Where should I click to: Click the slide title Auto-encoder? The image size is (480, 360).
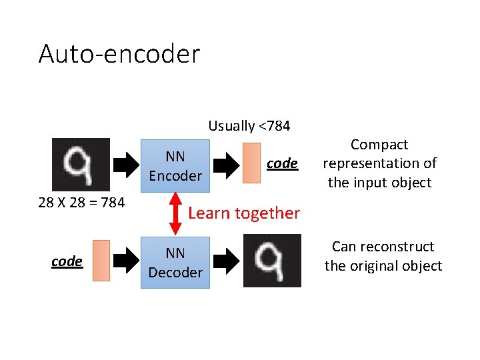(119, 53)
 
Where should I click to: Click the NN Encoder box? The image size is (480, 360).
(175, 166)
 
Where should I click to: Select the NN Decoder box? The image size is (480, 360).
(175, 263)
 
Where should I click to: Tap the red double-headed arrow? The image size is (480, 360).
(176, 213)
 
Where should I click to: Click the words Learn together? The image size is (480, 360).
(244, 213)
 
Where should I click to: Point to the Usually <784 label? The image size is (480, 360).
(249, 125)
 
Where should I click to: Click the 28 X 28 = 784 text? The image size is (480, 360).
(81, 202)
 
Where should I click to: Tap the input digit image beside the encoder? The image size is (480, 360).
(81, 165)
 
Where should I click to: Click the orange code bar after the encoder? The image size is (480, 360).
(252, 163)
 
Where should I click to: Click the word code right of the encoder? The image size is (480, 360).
(282, 163)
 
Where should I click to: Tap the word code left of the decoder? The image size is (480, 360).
(67, 261)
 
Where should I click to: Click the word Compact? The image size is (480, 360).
(379, 145)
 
